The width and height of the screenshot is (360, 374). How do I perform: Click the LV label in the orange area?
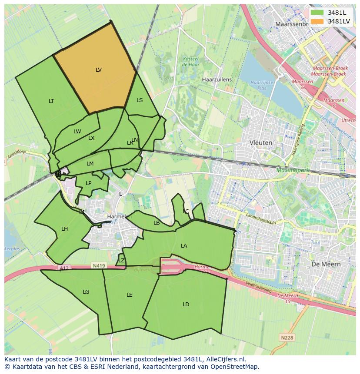tap(99, 70)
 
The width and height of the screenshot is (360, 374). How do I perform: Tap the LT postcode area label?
tap(51, 101)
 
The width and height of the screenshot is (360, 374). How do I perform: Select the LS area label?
tap(140, 100)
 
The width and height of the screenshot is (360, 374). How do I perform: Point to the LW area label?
tap(77, 132)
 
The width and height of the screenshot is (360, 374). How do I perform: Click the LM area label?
tap(90, 164)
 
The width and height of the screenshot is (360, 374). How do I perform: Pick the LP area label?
tap(89, 183)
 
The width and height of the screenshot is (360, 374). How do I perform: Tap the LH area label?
tap(64, 229)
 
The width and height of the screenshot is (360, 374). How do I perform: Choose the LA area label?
tap(184, 246)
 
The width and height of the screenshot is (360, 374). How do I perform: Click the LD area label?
tap(186, 304)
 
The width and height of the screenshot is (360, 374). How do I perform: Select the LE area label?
tap(129, 295)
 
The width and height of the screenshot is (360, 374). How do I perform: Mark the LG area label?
tap(86, 292)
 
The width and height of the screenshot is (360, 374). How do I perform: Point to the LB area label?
tap(157, 223)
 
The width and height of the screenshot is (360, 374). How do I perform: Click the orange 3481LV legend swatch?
tap(317, 21)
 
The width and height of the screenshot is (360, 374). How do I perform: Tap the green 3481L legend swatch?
tap(317, 13)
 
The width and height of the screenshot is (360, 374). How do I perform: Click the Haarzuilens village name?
tap(217, 80)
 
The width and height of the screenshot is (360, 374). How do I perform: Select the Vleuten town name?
tap(261, 142)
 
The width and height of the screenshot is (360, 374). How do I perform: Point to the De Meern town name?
tap(326, 264)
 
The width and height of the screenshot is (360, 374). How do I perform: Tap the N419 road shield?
tap(98, 265)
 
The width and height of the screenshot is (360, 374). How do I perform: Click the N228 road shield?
tap(287, 337)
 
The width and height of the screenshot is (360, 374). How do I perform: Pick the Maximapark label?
tap(293, 170)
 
